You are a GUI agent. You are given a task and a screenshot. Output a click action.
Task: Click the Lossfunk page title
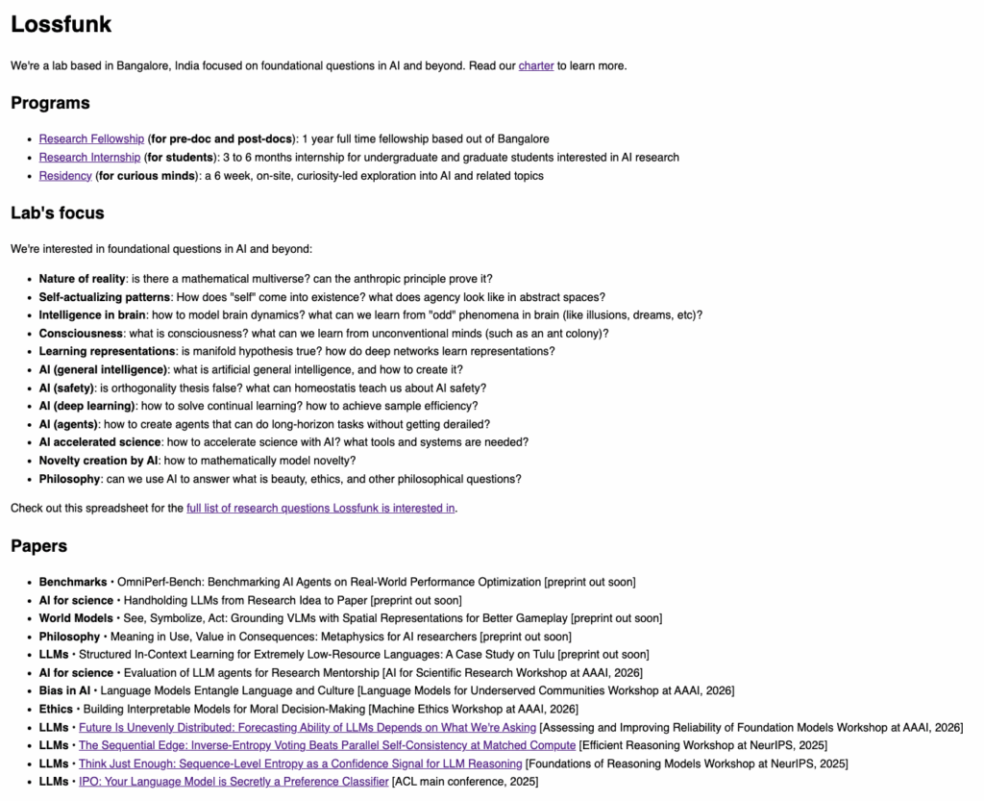[x=61, y=25]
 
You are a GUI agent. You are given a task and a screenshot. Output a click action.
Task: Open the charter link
[x=536, y=66]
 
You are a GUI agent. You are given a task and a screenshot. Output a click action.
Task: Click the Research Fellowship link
[x=91, y=139]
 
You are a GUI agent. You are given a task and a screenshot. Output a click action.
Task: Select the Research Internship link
[x=89, y=158]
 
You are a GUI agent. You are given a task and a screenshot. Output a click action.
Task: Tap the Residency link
[x=65, y=176]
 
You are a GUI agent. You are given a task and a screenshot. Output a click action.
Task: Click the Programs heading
[x=50, y=103]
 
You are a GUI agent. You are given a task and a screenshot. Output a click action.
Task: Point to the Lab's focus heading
[x=57, y=213]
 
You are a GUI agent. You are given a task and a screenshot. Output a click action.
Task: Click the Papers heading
[x=38, y=546]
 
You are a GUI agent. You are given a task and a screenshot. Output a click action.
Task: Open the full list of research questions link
[x=321, y=508]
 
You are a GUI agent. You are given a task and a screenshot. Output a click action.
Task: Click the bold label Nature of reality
[x=82, y=279]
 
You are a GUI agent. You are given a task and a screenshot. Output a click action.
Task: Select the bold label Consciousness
[x=81, y=334]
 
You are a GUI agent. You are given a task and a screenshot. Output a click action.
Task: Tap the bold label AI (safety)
[x=66, y=388]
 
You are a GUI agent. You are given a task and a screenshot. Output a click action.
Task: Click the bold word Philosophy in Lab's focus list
[x=69, y=479]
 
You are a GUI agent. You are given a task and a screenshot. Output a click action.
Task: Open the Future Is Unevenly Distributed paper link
[x=307, y=727]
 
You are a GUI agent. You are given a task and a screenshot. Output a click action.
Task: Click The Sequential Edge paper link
[x=327, y=745]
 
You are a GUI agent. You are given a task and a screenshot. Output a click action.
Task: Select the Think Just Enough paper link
[x=300, y=763]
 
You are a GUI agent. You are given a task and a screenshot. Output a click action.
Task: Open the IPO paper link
[x=233, y=782]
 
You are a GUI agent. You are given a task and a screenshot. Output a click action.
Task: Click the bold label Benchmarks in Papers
[x=73, y=582]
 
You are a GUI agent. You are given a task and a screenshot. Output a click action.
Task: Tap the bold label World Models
[x=76, y=618]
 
